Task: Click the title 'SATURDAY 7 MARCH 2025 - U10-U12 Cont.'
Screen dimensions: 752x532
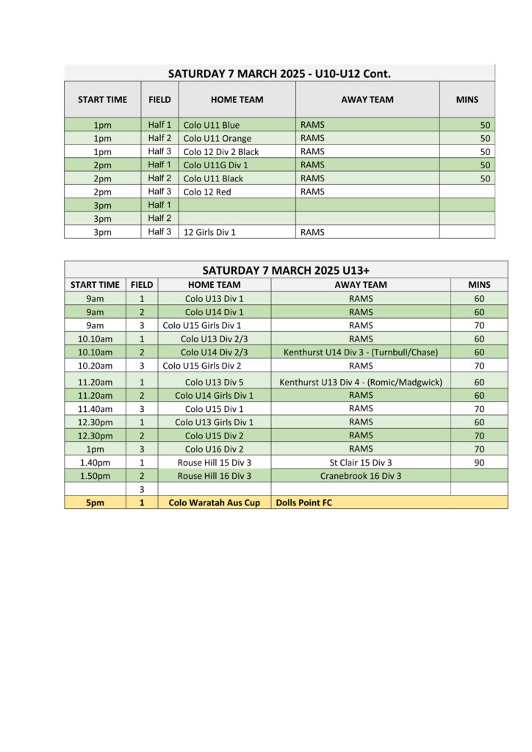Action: point(279,73)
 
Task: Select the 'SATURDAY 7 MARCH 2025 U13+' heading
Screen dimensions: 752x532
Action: point(285,270)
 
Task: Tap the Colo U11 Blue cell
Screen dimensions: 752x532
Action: point(212,125)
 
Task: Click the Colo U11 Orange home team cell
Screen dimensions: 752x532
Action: point(218,138)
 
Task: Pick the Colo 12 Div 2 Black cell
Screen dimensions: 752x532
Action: point(221,151)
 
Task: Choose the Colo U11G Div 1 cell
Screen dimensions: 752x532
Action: point(216,164)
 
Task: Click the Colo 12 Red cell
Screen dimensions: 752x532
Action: point(207,192)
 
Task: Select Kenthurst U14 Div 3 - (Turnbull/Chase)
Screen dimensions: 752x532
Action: point(361,352)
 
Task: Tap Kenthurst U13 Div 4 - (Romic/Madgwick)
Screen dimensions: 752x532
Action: point(361,382)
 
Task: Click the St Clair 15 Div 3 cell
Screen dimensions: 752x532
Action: point(361,463)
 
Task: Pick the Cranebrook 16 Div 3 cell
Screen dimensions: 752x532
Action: point(361,476)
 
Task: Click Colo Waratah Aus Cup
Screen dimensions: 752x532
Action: point(215,503)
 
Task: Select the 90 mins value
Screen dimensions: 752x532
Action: point(479,463)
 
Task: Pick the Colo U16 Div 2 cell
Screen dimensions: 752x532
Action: point(215,449)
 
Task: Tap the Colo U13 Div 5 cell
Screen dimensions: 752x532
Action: point(215,382)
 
